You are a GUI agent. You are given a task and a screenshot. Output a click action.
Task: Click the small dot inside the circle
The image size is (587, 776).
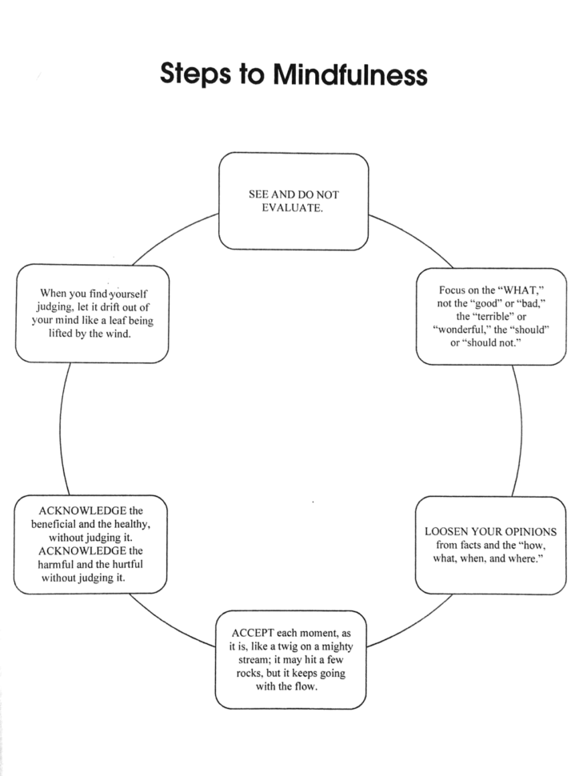tap(312, 502)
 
